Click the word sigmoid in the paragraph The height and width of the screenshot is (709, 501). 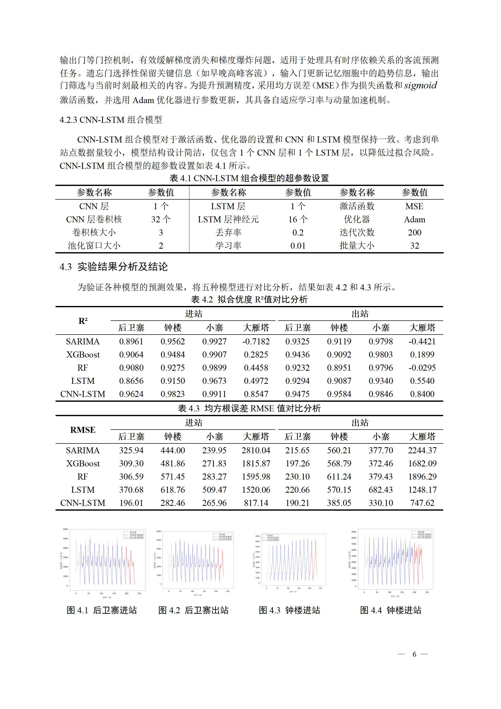[x=420, y=86]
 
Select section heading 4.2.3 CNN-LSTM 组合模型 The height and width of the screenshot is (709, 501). [x=111, y=120]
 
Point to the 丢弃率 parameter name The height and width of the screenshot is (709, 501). [x=228, y=232]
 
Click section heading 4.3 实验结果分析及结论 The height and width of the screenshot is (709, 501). [x=114, y=267]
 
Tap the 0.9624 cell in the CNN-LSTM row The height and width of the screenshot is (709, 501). [x=131, y=394]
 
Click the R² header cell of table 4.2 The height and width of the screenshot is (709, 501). [x=83, y=321]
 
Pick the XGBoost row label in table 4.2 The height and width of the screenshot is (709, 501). [x=83, y=355]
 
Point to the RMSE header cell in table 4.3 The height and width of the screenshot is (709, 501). [x=83, y=430]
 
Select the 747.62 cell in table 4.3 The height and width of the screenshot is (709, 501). [x=422, y=503]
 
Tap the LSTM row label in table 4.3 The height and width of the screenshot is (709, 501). [x=83, y=490]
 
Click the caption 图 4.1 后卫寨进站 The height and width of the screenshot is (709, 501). [x=102, y=610]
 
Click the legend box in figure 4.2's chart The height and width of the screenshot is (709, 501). [x=222, y=537]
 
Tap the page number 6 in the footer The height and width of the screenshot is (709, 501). [x=414, y=654]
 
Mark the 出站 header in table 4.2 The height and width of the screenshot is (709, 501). [x=360, y=314]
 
